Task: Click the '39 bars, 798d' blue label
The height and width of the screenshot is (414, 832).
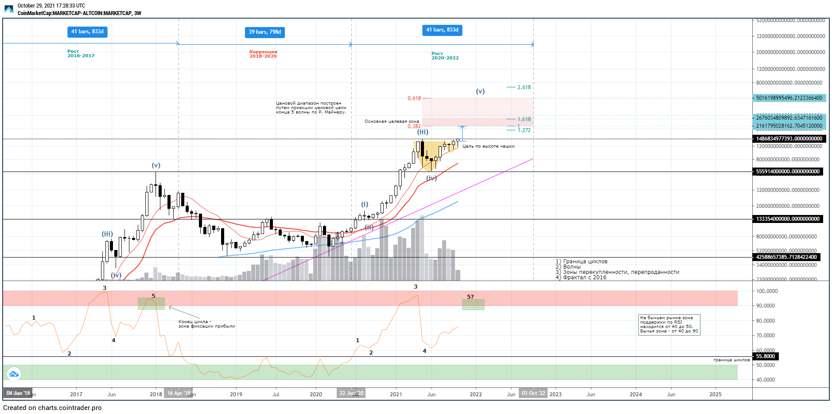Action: click(x=264, y=32)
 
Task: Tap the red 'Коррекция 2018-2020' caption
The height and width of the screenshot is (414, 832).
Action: click(x=263, y=54)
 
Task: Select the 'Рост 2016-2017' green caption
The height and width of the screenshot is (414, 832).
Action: click(x=81, y=54)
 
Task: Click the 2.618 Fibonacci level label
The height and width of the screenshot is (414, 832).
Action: click(x=524, y=87)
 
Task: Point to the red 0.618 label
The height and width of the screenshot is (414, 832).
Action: click(x=414, y=98)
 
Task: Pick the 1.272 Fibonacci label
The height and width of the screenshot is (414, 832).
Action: click(x=524, y=130)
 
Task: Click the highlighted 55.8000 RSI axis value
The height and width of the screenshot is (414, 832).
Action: click(x=765, y=356)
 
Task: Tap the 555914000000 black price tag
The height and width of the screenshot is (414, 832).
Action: click(x=788, y=172)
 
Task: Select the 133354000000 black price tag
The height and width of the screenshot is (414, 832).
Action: click(x=788, y=219)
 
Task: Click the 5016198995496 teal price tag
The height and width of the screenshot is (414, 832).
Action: click(x=789, y=98)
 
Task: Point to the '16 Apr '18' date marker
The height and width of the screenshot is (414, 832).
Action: click(x=179, y=393)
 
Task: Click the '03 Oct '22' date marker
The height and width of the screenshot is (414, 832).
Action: click(x=533, y=393)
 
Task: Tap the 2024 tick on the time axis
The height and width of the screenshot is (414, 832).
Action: click(x=636, y=394)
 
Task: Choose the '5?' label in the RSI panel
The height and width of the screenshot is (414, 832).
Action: click(x=470, y=297)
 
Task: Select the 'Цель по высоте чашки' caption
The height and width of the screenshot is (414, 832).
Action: click(x=489, y=146)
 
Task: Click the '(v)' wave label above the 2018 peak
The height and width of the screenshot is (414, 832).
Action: click(x=156, y=165)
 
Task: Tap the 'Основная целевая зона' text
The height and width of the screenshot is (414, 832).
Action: click(x=392, y=121)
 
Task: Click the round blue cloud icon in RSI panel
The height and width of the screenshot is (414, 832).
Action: click(x=14, y=374)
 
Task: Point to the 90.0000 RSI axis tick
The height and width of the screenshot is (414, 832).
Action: click(x=765, y=306)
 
